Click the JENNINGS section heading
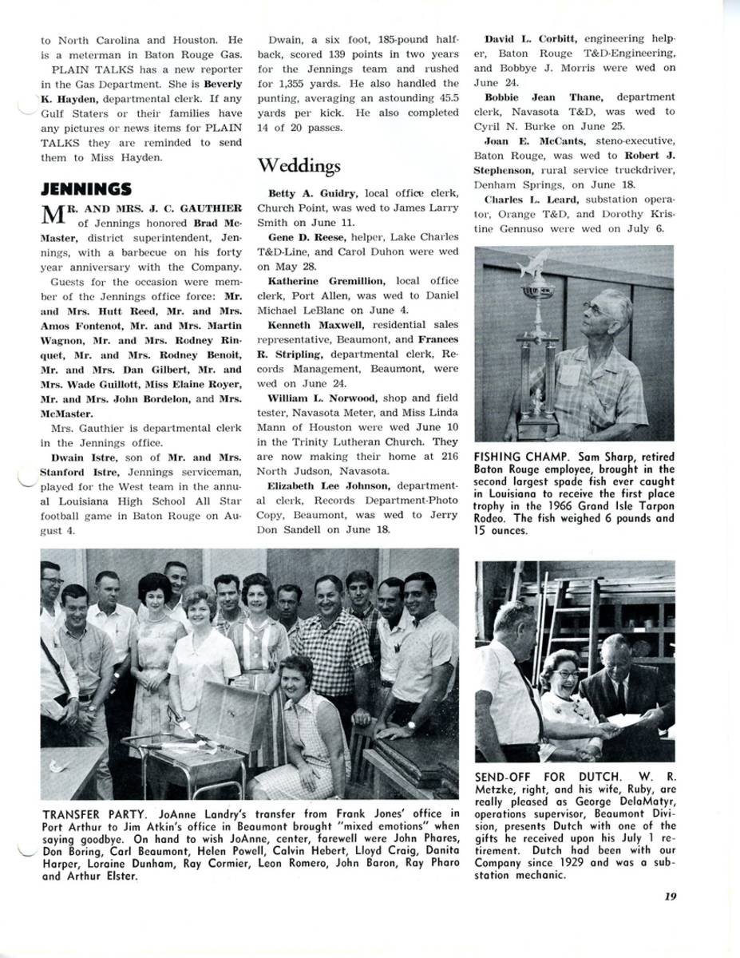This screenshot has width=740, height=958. coord(86,189)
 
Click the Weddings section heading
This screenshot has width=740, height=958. coord(299,165)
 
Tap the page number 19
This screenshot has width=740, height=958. coord(670,896)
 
